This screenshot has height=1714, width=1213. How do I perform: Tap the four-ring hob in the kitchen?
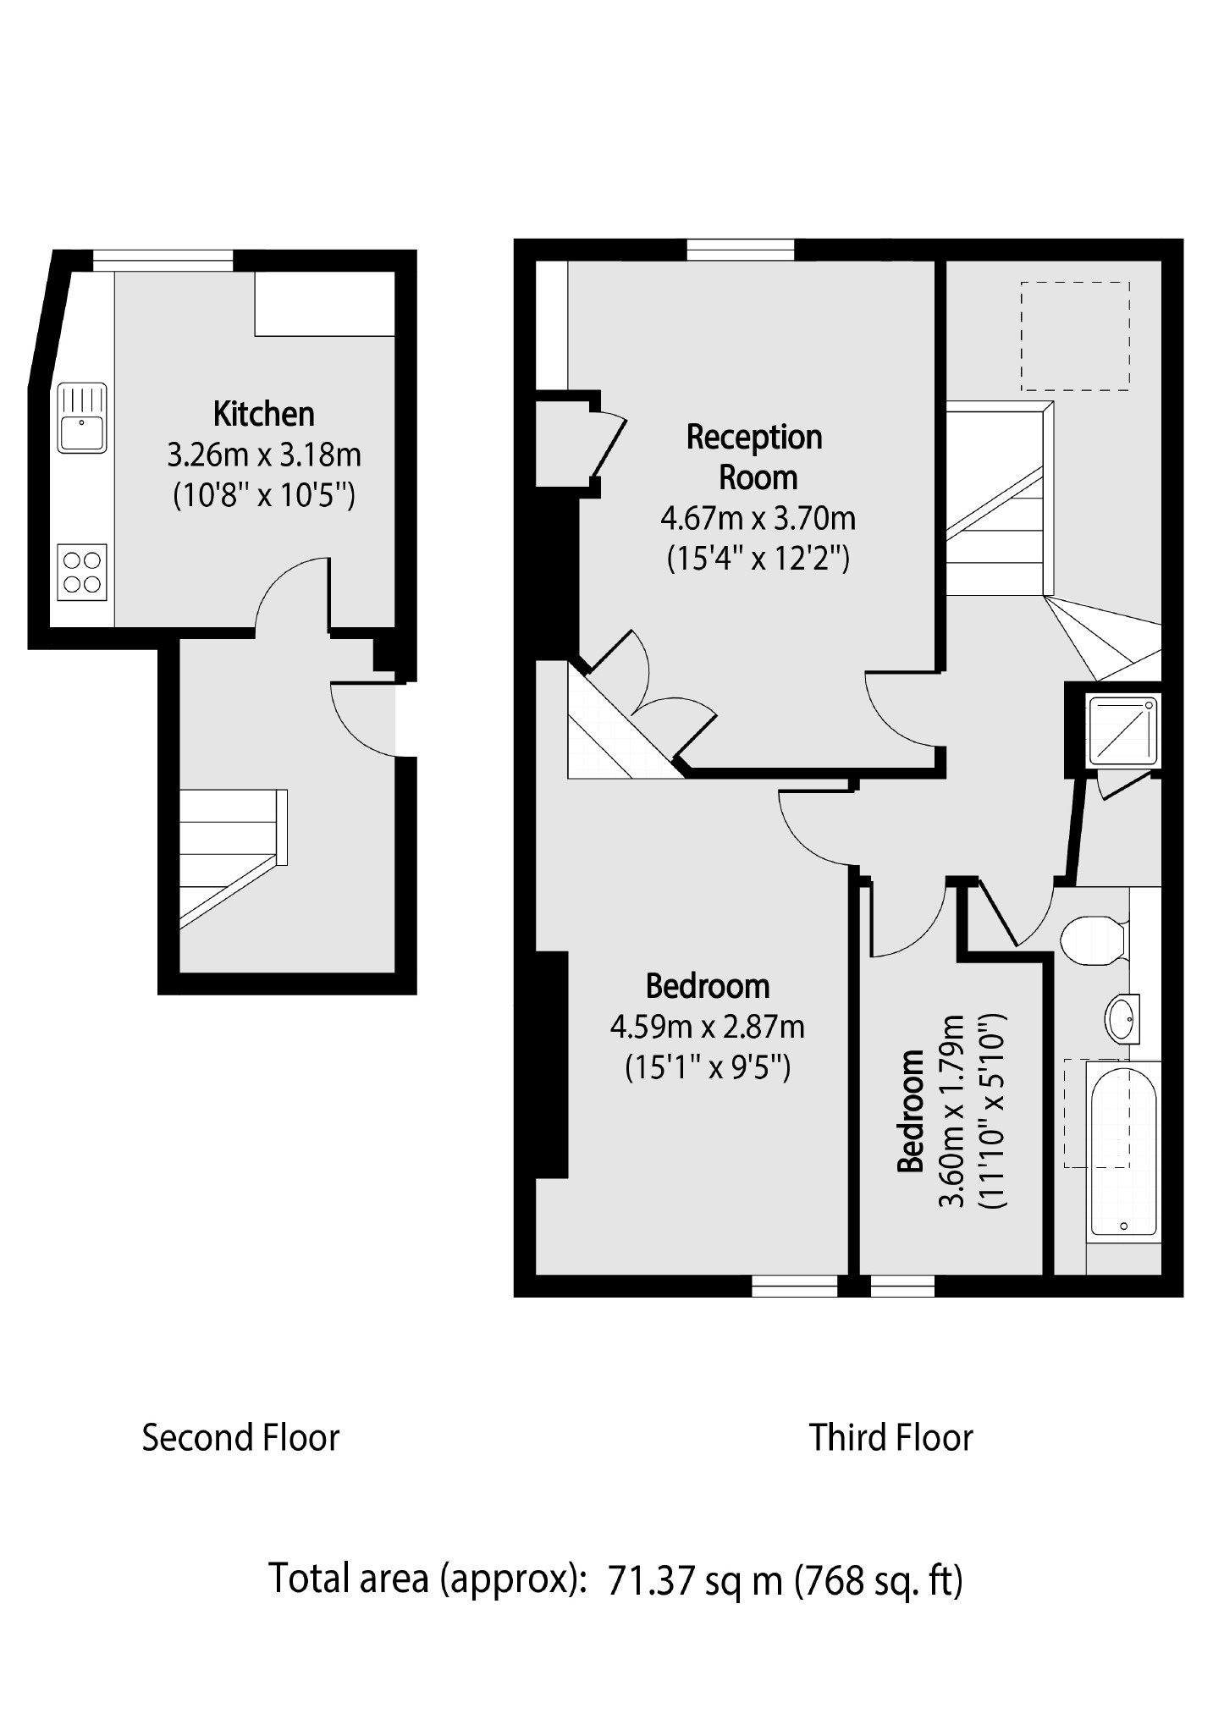pos(82,571)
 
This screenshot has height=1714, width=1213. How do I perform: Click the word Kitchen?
pos(264,415)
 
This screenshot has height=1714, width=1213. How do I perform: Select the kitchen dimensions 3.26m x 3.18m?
pos(264,455)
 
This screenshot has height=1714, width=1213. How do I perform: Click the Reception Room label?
pos(755,457)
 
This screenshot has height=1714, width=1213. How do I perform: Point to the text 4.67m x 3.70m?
pos(758,517)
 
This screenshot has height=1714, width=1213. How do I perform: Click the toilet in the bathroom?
pos(1094,940)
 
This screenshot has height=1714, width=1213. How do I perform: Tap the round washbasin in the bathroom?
pos(1122,1018)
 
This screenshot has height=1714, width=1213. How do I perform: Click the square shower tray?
pos(1122,729)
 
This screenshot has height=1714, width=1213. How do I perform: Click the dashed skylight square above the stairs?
pos(1074,336)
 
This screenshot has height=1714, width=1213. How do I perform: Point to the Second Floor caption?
pos(240,1437)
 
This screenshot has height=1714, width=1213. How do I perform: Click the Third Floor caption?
pos(890,1437)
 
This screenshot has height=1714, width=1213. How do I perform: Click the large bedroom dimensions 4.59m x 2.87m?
pos(707,1028)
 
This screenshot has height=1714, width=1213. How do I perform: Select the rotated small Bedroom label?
pos(911,1111)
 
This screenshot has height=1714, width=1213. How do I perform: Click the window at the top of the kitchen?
pos(163,260)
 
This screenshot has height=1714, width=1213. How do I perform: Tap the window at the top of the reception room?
pos(741,250)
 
